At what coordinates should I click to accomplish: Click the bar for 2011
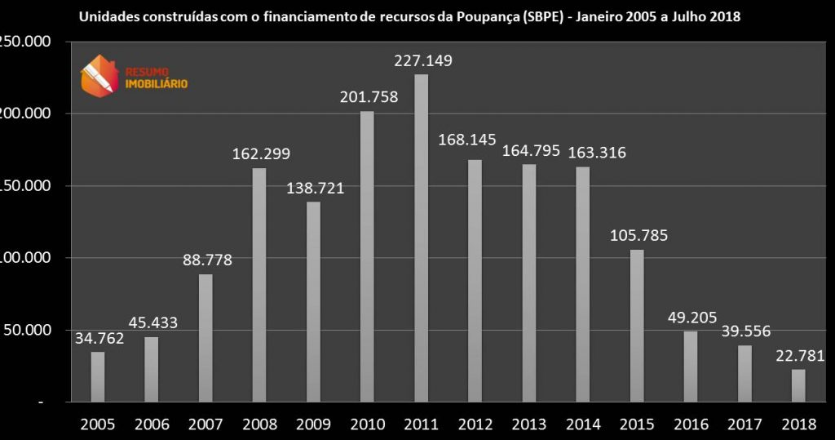(x=421, y=238)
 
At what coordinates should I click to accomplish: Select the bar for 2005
(x=98, y=376)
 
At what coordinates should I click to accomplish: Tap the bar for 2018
(x=797, y=385)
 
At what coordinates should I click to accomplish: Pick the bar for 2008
(x=259, y=285)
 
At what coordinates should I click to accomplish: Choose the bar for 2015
(x=636, y=326)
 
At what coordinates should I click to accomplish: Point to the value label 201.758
(x=369, y=97)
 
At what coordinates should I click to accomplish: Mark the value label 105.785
(x=638, y=236)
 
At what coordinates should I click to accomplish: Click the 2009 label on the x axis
(x=313, y=424)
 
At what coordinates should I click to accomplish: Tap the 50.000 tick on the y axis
(x=25, y=330)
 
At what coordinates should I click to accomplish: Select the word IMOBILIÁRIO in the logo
(x=156, y=83)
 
